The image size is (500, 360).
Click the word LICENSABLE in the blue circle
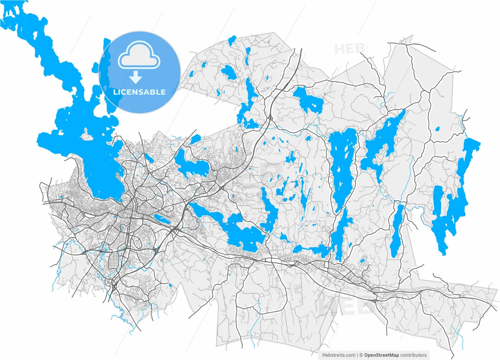pos(139,92)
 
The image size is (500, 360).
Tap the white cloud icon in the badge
pos(139,59)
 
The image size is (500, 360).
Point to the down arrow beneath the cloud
pos(136,77)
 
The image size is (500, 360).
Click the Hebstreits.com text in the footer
pos(338,355)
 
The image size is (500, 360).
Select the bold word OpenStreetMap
pos(382,355)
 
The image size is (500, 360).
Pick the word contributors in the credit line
pos(414,355)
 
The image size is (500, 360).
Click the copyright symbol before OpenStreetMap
pos(361,355)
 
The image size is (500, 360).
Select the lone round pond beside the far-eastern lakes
pos(437,128)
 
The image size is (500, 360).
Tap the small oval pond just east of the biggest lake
pos(148,158)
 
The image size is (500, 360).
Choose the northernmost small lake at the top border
pos(232,39)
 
